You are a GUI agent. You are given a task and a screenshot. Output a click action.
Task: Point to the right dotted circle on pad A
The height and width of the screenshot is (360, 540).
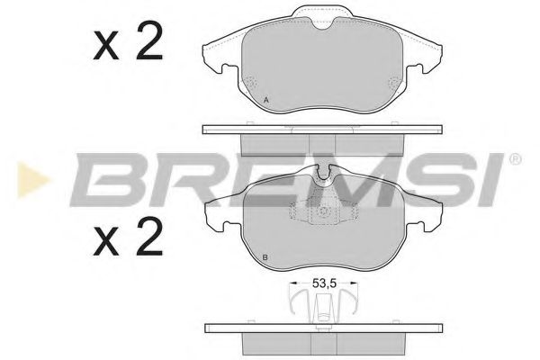392,83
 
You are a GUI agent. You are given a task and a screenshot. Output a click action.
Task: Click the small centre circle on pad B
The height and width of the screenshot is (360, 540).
321,214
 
